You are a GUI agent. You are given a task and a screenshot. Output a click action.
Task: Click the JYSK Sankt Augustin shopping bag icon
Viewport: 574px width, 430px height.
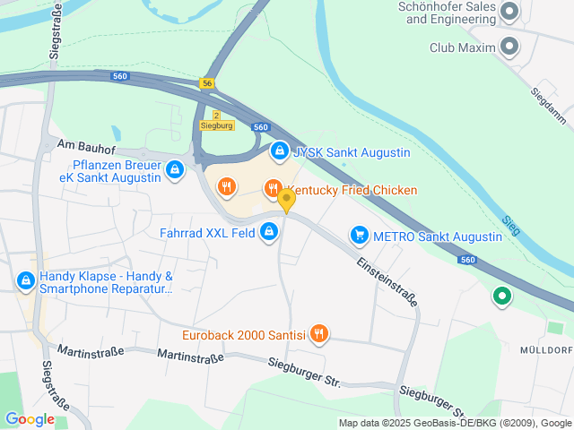[x=280, y=151]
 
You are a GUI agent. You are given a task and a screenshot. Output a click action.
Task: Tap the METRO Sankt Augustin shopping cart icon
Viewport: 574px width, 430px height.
[x=360, y=236]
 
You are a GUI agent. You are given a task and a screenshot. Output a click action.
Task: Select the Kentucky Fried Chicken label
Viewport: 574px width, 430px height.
[x=352, y=190]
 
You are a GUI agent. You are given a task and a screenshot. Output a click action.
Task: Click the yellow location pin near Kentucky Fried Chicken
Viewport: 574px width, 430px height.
[x=286, y=200]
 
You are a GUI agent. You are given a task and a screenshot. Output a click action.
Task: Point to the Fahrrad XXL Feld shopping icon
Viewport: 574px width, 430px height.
[x=268, y=233]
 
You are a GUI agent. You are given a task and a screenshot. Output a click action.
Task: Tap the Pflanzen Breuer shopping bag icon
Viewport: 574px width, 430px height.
[x=175, y=168]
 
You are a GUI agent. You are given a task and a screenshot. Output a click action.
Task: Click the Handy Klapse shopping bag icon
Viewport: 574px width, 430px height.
[x=26, y=281]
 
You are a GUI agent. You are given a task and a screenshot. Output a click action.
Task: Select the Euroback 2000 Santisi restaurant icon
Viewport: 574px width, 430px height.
[x=319, y=335]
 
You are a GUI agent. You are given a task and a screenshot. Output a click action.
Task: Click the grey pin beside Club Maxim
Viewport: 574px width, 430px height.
[x=510, y=46]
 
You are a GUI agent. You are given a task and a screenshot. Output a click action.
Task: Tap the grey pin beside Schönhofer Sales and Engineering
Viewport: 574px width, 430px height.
[x=510, y=12]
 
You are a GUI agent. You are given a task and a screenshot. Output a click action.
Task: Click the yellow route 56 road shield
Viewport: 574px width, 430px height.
[x=208, y=83]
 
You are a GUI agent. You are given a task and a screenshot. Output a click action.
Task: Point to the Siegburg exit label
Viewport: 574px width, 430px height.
[x=216, y=125]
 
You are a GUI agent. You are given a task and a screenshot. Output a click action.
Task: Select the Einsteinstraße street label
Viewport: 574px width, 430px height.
[x=387, y=282]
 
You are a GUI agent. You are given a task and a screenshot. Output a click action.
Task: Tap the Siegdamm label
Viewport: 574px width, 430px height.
[x=547, y=105]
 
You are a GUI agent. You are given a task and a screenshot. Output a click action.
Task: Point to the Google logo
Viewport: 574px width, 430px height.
[x=30, y=418]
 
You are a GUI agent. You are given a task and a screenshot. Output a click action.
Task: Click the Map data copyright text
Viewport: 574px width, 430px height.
[x=456, y=423]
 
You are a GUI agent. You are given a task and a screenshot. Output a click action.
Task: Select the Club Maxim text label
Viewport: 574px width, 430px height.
[x=462, y=47]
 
